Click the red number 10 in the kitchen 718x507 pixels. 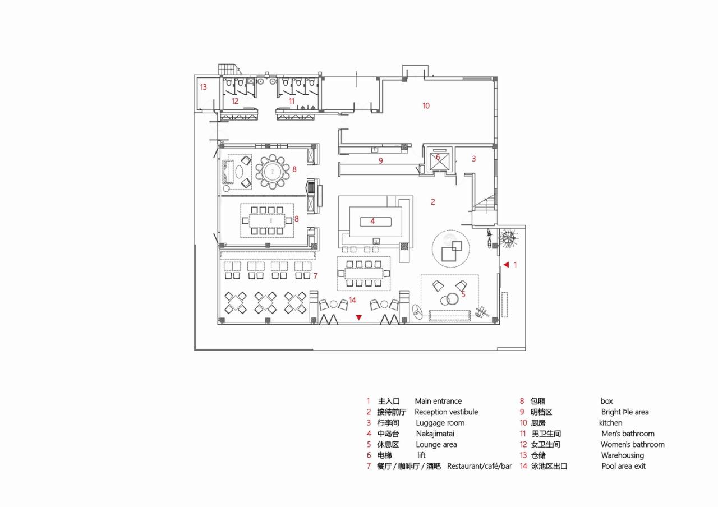pos(426,105)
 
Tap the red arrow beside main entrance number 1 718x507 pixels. pos(505,264)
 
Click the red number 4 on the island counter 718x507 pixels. pos(372,221)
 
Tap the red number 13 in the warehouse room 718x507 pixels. pos(203,87)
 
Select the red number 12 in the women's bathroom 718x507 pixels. pos(235,102)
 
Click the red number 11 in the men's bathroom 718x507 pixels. pos(291,101)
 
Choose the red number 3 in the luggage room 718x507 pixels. pos(473,159)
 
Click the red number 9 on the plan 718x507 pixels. pos(380,161)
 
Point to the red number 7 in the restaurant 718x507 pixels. pos(315,276)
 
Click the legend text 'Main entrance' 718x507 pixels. pos(438,401)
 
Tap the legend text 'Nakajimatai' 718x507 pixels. pos(435,434)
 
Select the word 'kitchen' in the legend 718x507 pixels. pos(610,423)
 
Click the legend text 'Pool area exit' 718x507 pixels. pos(623,466)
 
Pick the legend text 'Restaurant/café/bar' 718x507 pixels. pos(479,466)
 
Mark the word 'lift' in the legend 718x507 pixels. pos(421,455)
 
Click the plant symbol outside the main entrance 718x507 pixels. pos(509,238)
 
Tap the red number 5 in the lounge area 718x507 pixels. pos(463,293)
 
